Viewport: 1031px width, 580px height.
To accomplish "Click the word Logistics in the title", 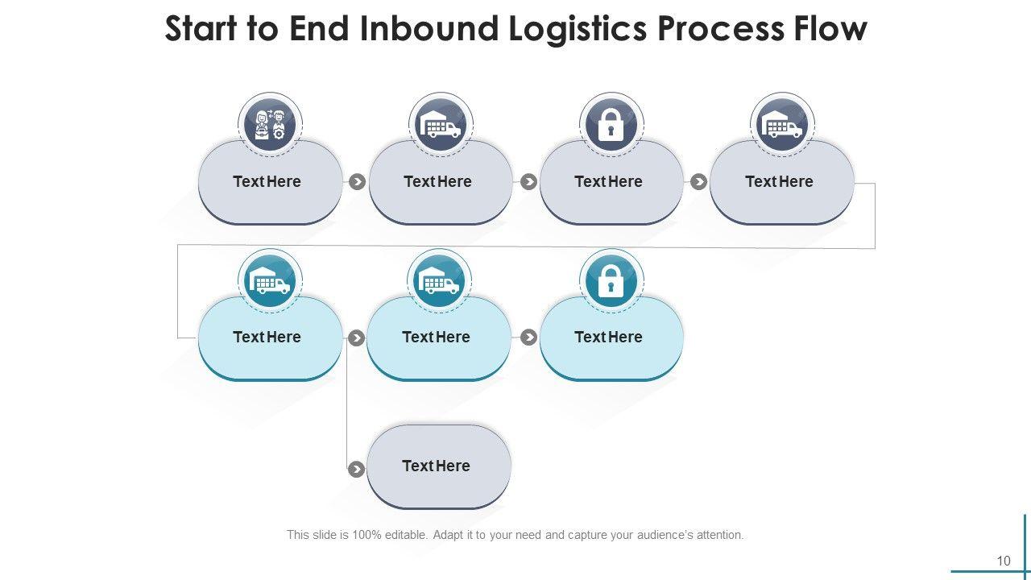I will (x=578, y=28).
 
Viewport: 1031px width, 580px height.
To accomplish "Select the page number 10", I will (x=1003, y=561).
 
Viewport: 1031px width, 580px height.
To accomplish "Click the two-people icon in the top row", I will (x=270, y=126).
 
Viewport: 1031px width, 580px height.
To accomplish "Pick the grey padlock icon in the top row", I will (x=611, y=126).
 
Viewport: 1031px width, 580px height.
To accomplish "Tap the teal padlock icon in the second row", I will (x=611, y=281).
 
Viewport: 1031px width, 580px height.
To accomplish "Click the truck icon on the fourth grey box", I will (x=782, y=126).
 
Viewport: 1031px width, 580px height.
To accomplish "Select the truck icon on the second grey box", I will (x=441, y=126).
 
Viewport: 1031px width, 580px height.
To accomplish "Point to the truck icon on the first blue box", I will (x=270, y=281).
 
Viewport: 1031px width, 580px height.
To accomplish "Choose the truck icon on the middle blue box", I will (x=439, y=281).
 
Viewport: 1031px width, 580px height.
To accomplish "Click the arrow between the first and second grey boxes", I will (x=357, y=182).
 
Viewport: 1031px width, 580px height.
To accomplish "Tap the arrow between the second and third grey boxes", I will (x=528, y=182).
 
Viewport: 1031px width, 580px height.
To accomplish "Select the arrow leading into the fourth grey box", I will (x=698, y=182).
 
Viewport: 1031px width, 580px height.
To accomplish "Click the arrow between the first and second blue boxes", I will (x=356, y=338).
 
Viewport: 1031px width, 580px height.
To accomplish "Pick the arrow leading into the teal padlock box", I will (x=528, y=338).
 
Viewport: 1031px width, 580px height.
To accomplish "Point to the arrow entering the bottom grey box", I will (x=356, y=469).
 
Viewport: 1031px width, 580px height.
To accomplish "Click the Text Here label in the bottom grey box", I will (x=436, y=466).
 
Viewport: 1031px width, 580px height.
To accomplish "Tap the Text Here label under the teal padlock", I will (x=608, y=337).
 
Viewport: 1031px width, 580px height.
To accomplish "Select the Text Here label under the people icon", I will (x=267, y=181).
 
